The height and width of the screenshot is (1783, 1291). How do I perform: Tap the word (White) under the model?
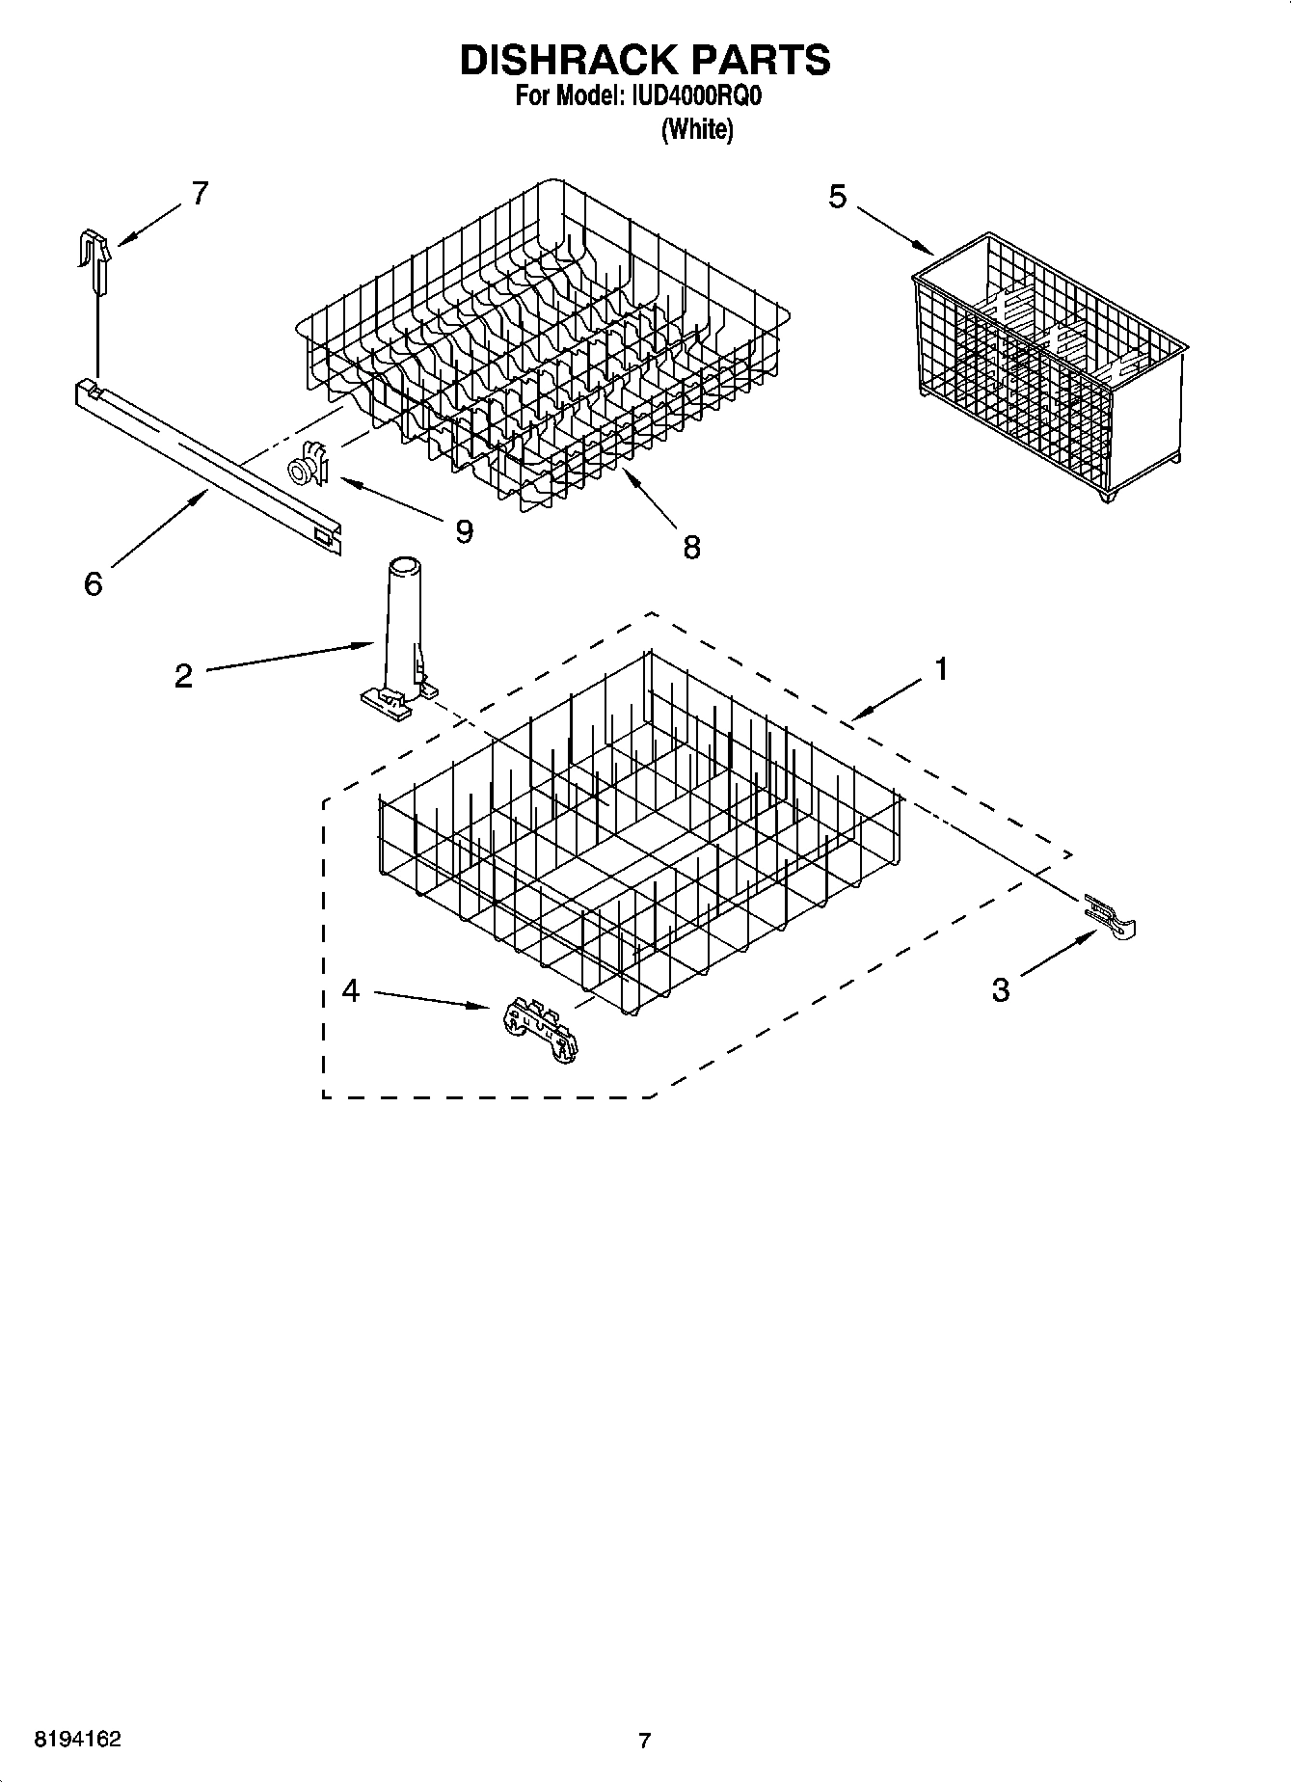[696, 129]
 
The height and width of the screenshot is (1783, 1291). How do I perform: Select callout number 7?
[199, 194]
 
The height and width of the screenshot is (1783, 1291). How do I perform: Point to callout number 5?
[837, 197]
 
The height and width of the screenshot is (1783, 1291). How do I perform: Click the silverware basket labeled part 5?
[1048, 366]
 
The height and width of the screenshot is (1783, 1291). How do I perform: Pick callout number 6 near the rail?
[93, 583]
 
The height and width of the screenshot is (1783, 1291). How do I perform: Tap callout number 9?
[464, 531]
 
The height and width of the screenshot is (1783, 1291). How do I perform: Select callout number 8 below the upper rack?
[691, 548]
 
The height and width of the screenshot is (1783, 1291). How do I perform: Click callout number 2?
[184, 675]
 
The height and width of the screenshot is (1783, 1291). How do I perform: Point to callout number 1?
[940, 668]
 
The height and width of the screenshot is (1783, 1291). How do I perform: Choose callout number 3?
[1001, 989]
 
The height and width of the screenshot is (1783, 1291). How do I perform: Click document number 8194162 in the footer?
[78, 1740]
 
